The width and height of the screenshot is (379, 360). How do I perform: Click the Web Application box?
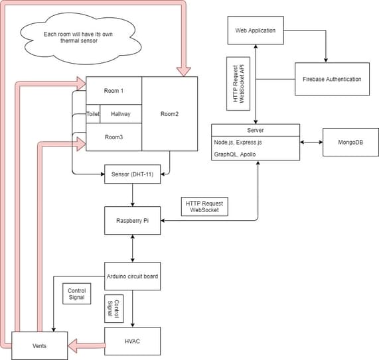click(x=256, y=30)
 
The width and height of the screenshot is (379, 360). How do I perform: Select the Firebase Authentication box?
click(x=332, y=79)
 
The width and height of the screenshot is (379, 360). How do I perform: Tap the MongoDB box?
click(x=350, y=143)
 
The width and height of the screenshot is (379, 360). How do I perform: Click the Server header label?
click(x=256, y=130)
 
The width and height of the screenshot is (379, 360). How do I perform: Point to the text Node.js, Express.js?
click(x=238, y=143)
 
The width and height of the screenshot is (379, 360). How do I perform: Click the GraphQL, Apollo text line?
click(x=235, y=154)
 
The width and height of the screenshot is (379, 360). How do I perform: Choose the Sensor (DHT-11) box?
click(x=133, y=174)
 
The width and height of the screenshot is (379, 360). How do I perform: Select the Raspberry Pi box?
click(x=133, y=221)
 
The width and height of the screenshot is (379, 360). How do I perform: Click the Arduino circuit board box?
click(x=133, y=276)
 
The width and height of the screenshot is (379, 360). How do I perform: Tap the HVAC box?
click(x=133, y=341)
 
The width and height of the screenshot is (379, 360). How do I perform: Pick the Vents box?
click(x=39, y=346)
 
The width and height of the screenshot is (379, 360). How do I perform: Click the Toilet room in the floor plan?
click(x=93, y=114)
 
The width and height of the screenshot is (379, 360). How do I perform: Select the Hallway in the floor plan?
click(x=121, y=114)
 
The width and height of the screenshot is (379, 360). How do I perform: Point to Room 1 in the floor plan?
click(x=114, y=91)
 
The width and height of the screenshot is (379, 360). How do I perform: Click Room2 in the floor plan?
click(x=170, y=114)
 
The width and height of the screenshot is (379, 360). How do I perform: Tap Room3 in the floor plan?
click(x=114, y=137)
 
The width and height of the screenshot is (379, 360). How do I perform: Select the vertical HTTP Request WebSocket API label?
click(x=238, y=84)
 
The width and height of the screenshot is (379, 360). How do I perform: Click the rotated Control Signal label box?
click(x=114, y=308)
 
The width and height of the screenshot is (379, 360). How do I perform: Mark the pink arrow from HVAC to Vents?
click(x=86, y=346)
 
